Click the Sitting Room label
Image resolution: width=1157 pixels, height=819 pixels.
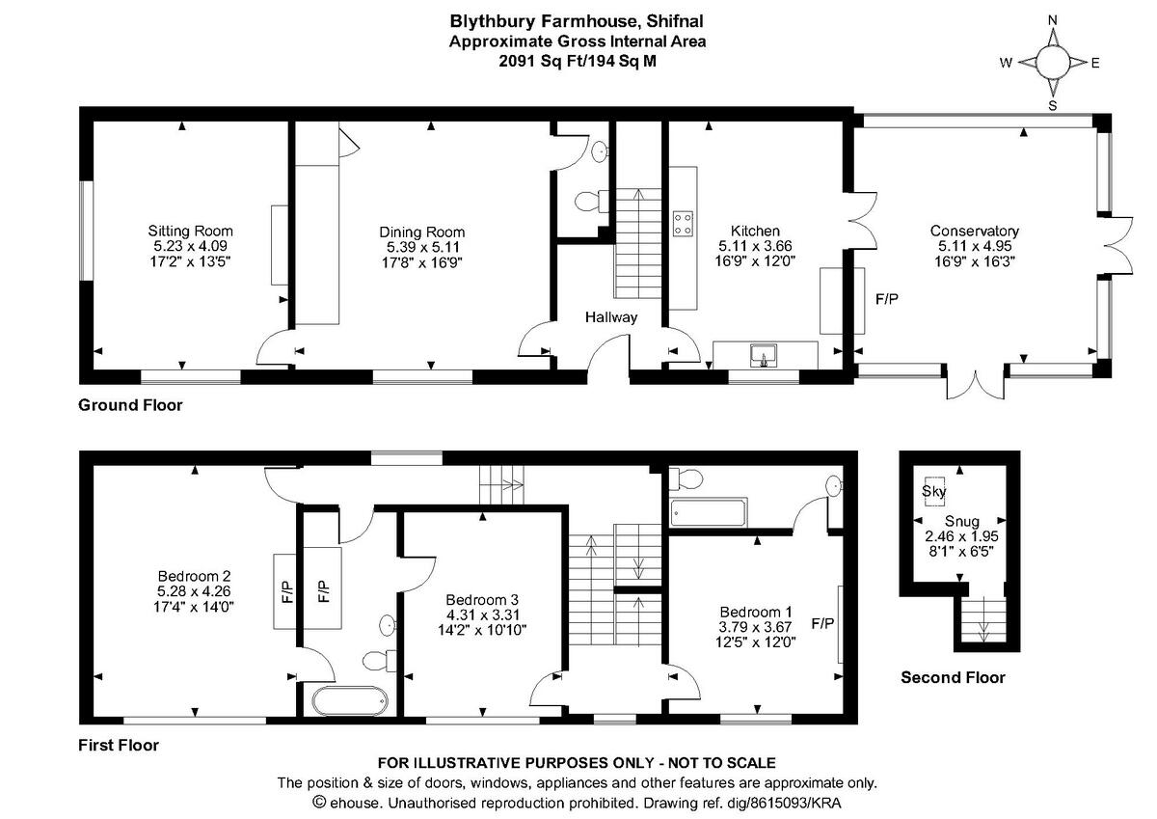pyautogui.click(x=190, y=231)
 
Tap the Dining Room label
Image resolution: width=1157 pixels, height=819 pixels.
pyautogui.click(x=422, y=232)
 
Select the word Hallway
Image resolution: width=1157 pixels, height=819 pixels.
pyautogui.click(x=611, y=316)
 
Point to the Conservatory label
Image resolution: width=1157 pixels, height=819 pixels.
pyautogui.click(x=974, y=231)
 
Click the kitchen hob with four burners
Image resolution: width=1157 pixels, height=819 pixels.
pyautogui.click(x=683, y=224)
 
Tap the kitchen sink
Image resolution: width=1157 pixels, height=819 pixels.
pyautogui.click(x=764, y=355)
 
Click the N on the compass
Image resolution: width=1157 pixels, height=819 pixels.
pyautogui.click(x=1052, y=20)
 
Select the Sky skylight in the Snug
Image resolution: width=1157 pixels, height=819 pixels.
pyautogui.click(x=934, y=490)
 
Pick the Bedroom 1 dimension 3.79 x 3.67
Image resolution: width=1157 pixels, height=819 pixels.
pyautogui.click(x=755, y=627)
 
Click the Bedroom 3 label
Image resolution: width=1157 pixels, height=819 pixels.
pyautogui.click(x=482, y=599)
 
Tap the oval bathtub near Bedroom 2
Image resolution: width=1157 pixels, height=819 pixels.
pyautogui.click(x=350, y=700)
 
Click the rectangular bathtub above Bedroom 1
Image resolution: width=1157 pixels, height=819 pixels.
pyautogui.click(x=708, y=512)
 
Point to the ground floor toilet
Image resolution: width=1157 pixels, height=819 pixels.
pyautogui.click(x=592, y=201)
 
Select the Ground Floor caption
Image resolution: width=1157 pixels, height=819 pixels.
pyautogui.click(x=130, y=404)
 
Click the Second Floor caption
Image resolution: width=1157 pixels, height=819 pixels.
pyautogui.click(x=953, y=677)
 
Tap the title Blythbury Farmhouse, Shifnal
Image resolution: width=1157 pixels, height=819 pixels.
pyautogui.click(x=577, y=21)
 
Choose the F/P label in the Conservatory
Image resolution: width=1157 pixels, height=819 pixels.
pyautogui.click(x=887, y=299)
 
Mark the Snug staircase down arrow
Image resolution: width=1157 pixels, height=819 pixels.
pyautogui.click(x=984, y=619)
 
